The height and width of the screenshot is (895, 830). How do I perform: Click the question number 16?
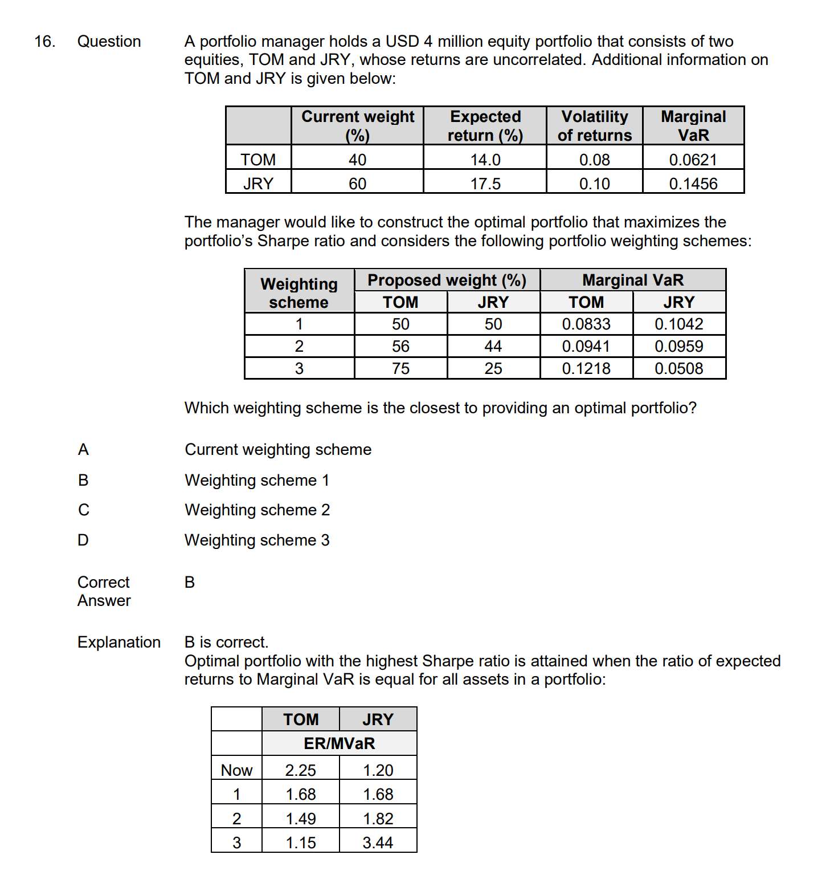point(44,42)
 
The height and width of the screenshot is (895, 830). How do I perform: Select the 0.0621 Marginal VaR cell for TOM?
point(693,160)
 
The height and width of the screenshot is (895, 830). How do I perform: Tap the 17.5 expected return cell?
point(485,184)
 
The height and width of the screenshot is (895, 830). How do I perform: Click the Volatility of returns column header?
point(594,125)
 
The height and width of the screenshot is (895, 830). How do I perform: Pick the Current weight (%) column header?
point(357,125)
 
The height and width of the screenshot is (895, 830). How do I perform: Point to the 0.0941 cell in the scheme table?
point(586,346)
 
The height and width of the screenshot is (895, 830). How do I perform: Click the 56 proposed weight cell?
point(400,346)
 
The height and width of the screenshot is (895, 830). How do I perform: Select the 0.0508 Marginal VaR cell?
point(678,368)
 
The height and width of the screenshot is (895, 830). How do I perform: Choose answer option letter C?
point(84,510)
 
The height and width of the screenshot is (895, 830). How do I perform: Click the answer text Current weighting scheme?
point(278,449)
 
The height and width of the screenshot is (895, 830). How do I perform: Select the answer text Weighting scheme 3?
point(257,540)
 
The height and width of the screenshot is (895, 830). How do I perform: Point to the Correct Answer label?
point(104,591)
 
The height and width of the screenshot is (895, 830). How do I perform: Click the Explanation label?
point(119,642)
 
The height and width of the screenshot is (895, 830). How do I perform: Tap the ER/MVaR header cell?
point(339,743)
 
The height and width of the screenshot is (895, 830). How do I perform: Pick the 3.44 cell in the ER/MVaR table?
point(378,843)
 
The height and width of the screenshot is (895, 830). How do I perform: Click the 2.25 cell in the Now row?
point(300,770)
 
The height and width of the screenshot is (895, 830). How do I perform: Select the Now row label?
point(236,770)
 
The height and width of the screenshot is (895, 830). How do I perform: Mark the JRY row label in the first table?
point(258,184)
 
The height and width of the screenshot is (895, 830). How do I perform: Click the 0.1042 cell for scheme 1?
point(678,324)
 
